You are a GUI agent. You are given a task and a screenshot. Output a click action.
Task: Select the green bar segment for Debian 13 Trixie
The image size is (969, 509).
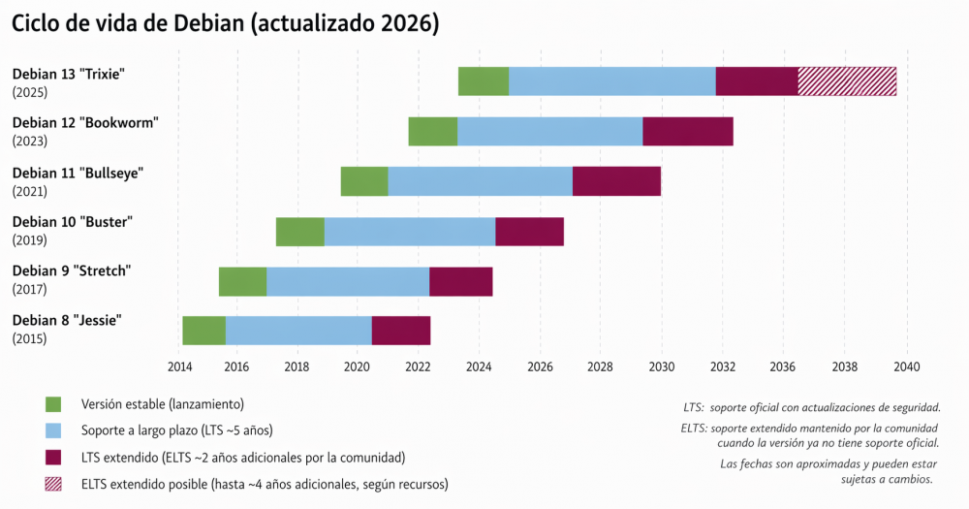[x=484, y=81]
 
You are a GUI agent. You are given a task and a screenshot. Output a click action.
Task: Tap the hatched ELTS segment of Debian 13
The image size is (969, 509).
[x=847, y=81]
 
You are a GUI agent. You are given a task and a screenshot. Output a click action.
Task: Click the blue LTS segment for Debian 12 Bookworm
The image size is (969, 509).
[x=549, y=131]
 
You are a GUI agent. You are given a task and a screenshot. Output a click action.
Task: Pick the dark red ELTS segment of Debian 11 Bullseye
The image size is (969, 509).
[x=616, y=181]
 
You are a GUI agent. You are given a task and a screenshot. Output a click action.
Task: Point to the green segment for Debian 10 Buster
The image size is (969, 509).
[x=299, y=232]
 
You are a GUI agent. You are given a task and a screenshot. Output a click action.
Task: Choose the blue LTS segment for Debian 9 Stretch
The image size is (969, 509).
[x=348, y=281]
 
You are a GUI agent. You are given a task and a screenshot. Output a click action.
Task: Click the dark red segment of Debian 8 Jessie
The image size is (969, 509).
[x=401, y=331]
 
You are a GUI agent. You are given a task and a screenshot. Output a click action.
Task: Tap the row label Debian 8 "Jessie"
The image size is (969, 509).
[x=67, y=320]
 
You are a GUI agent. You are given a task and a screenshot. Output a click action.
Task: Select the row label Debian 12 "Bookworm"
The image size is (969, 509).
[x=84, y=122]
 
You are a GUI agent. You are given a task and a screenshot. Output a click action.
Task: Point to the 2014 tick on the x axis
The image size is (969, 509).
[x=179, y=366]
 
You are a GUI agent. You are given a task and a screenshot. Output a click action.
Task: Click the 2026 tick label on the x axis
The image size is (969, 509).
[x=540, y=366]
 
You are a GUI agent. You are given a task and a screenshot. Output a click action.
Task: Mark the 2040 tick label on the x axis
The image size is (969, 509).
[x=906, y=366]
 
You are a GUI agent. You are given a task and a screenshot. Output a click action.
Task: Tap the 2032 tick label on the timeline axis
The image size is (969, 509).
[x=723, y=366]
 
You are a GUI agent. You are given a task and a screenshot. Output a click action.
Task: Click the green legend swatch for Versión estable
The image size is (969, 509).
[x=53, y=403]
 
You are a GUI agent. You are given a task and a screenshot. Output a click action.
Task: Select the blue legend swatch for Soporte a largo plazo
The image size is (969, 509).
[x=53, y=429]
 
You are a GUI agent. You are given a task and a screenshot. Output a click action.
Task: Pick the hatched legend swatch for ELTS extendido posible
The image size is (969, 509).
[x=53, y=483]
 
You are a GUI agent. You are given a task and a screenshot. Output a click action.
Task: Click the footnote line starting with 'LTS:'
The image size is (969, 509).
[x=811, y=408]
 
